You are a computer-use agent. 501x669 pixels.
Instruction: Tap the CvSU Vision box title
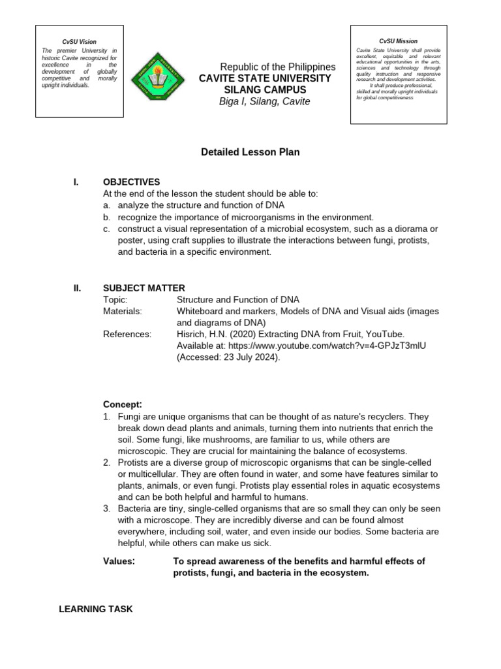tap(79, 42)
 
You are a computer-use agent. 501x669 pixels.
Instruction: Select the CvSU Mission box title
tap(398, 41)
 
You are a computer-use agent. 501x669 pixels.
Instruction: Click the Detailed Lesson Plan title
tap(250, 152)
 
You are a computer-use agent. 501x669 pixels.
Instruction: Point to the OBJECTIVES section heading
tap(131, 182)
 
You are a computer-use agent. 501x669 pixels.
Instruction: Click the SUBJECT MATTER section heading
tap(144, 288)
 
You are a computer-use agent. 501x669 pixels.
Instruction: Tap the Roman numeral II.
tap(76, 288)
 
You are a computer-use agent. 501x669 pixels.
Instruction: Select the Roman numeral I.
tap(76, 182)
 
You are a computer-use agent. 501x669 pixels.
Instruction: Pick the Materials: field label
tap(123, 311)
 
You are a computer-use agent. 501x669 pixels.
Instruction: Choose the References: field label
tap(127, 334)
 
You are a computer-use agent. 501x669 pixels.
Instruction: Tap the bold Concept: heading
tap(123, 404)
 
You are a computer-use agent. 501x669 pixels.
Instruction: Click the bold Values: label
tap(119, 561)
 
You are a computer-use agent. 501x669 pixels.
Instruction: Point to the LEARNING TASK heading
tap(95, 609)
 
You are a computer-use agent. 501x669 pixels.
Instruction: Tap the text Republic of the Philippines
tap(277, 67)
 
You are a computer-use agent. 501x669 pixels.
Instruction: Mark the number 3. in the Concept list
tap(107, 508)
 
